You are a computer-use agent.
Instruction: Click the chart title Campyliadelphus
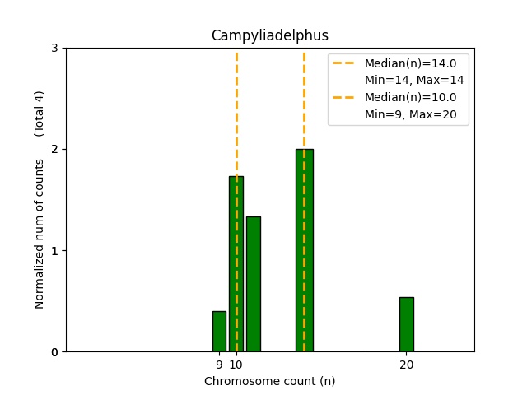(269, 35)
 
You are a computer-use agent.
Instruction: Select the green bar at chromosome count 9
(219, 332)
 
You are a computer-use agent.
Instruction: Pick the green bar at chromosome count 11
(253, 284)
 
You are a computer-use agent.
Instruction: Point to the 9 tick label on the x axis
(219, 365)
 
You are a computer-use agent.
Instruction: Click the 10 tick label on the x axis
(236, 365)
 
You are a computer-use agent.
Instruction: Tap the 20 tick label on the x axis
(406, 365)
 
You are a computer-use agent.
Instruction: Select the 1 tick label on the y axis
(54, 251)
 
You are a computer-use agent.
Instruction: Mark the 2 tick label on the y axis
(54, 150)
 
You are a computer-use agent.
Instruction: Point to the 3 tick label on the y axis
(54, 49)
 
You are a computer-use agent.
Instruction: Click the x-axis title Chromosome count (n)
(269, 381)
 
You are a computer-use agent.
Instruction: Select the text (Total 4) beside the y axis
(40, 113)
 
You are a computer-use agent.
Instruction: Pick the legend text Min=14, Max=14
(414, 81)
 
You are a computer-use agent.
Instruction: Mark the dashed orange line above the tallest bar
(304, 99)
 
